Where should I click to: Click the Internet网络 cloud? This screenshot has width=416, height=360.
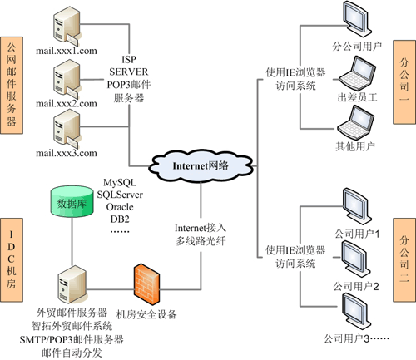[x=201, y=165]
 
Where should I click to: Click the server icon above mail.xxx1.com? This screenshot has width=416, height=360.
[x=66, y=25]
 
